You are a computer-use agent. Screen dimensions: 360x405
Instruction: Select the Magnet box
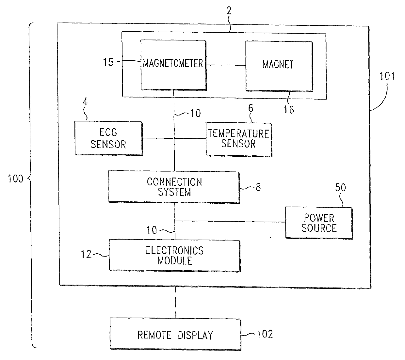278,65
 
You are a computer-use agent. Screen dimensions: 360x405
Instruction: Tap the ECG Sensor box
108,138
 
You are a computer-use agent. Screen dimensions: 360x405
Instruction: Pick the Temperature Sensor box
238,139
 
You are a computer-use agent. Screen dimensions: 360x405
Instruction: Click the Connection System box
174,187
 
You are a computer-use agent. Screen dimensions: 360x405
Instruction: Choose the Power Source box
319,223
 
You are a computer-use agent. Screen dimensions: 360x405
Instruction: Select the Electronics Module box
174,256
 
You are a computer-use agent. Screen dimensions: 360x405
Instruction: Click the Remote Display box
175,335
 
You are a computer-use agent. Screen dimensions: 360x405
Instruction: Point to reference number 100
15,179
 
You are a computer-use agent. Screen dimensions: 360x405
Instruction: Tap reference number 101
387,76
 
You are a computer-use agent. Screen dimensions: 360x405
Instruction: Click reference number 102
265,334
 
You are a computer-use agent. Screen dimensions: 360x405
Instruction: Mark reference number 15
108,62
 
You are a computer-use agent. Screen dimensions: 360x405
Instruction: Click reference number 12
86,254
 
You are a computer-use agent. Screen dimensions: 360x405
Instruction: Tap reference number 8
258,187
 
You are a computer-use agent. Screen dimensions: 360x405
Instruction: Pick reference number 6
251,108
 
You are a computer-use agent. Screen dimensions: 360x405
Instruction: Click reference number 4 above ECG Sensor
85,102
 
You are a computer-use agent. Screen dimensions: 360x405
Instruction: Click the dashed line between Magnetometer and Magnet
226,65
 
